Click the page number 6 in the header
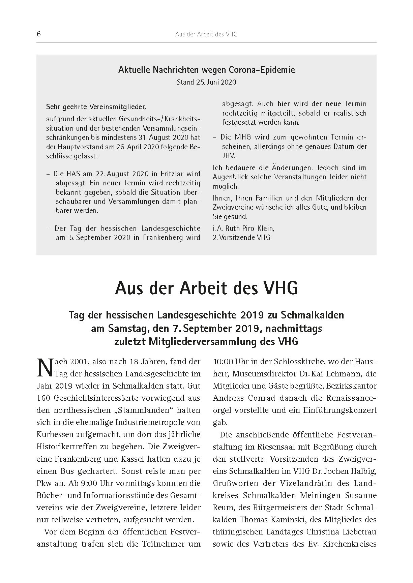(x=39, y=34)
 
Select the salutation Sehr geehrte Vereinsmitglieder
(x=96, y=107)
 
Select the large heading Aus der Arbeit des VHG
(x=206, y=288)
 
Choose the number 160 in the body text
(x=43, y=398)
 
